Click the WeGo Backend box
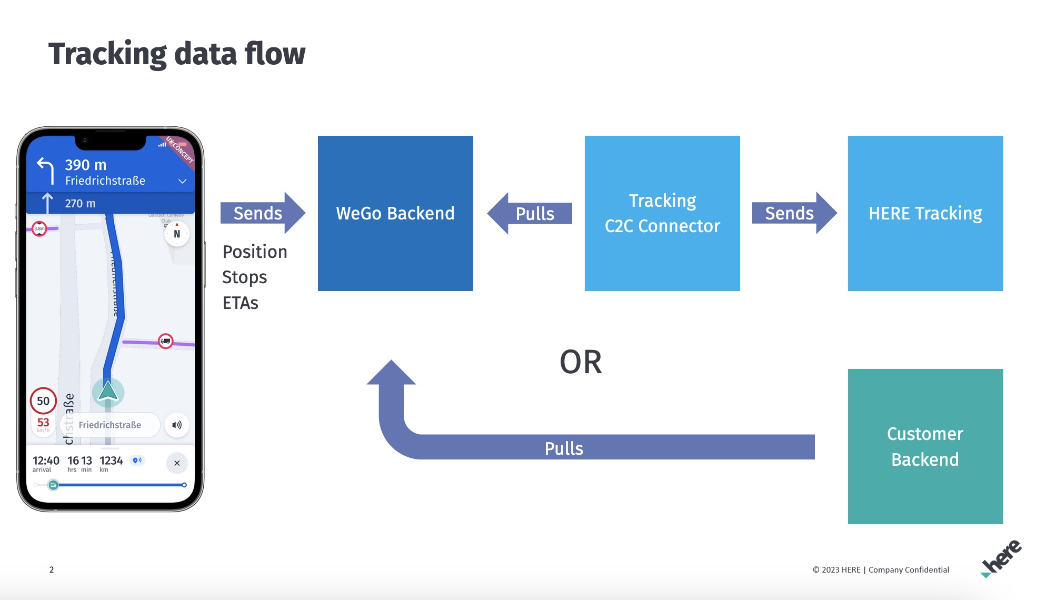pos(395,213)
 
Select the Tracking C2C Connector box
pos(662,213)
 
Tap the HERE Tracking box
pos(925,213)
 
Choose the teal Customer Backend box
pos(925,446)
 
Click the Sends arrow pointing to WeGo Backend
pos(262,213)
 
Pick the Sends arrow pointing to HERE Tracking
pos(794,213)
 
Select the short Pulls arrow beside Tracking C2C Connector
pos(530,213)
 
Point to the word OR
pos(581,362)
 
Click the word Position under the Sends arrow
pos(255,252)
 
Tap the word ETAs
pos(241,303)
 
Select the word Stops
pos(245,277)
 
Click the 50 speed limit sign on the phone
pos(43,401)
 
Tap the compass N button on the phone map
pos(177,234)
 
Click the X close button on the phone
pos(177,463)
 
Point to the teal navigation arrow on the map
pos(108,392)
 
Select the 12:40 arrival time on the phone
pos(46,461)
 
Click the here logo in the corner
pos(1001,558)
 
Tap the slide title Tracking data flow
pos(177,54)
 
